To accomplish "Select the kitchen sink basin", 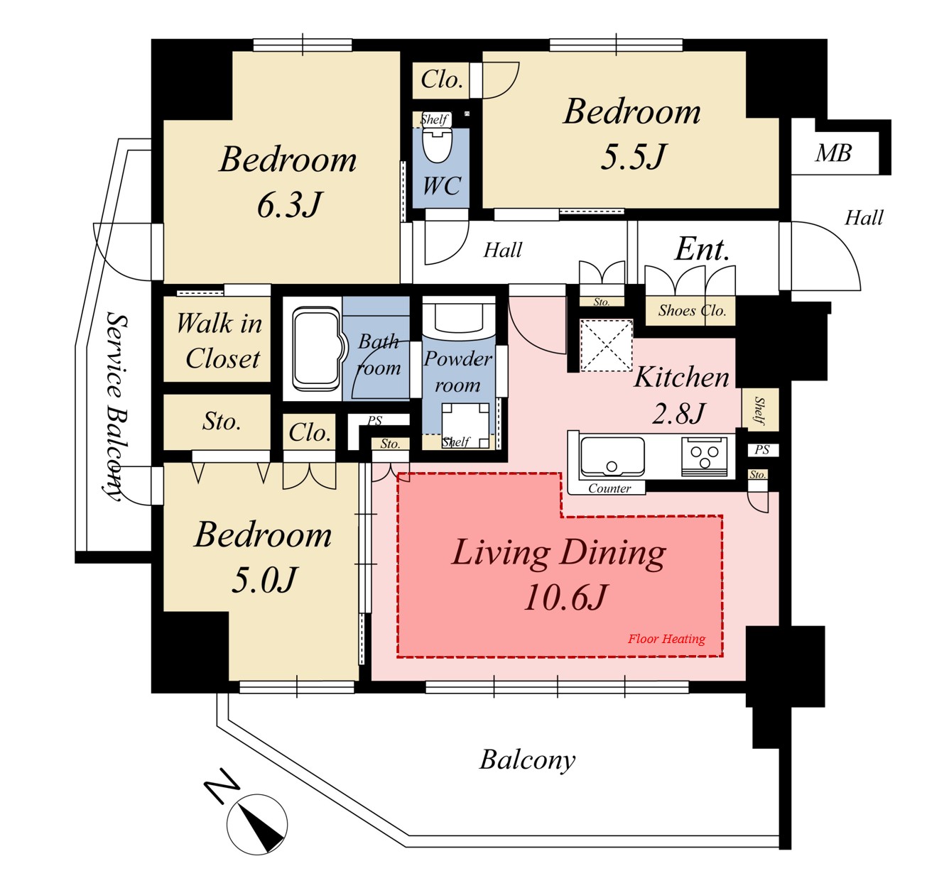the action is [612, 456].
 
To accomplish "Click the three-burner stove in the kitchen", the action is [705, 456].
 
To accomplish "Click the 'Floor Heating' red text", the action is [666, 639].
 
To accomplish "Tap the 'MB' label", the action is [833, 153].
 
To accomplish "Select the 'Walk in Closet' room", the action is [217, 339].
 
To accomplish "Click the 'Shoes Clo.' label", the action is [692, 310].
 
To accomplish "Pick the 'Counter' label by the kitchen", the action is [609, 488].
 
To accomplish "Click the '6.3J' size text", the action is [289, 205].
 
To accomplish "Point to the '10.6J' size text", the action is [565, 597].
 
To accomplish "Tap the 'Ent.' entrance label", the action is [702, 248].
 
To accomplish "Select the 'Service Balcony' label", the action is [115, 407].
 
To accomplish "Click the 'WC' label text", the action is [442, 185].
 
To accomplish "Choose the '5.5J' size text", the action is [633, 156].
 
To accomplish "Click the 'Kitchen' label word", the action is [681, 378].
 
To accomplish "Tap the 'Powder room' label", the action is [457, 371].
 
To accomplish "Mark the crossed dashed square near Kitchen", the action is [607, 345].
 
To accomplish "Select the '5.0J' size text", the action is [264, 579].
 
